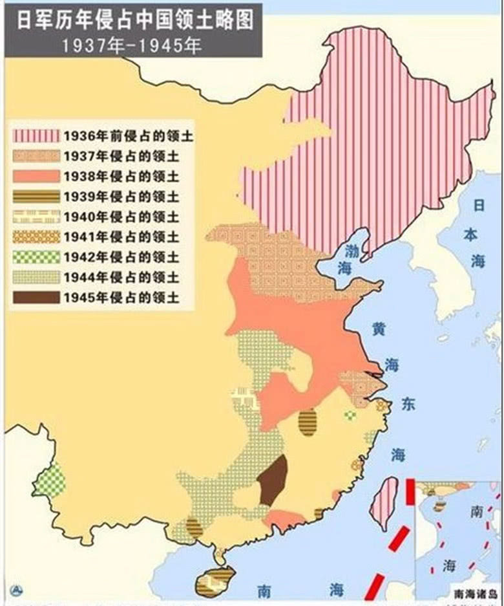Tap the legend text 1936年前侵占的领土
pos(129,136)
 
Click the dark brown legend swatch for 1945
pos(36,298)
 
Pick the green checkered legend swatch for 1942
pos(36,257)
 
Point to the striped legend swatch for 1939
pos(36,197)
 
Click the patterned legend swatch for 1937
pos(36,157)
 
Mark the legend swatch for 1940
pos(36,217)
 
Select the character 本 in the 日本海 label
pos(479,233)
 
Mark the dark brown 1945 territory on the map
pos(273,480)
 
